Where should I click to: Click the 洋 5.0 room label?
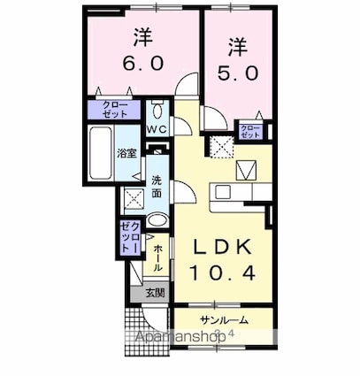pyautogui.click(x=238, y=58)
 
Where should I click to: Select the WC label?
pyautogui.click(x=157, y=130)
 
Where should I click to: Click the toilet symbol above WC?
pyautogui.click(x=157, y=112)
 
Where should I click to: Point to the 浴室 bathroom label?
pyautogui.click(x=126, y=153)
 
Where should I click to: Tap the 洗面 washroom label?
pyautogui.click(x=156, y=186)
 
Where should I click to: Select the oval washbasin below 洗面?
pyautogui.click(x=157, y=220)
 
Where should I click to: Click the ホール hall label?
pyautogui.click(x=157, y=257)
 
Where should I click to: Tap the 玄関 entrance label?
pyautogui.click(x=154, y=293)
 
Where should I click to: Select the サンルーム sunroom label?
pyautogui.click(x=223, y=319)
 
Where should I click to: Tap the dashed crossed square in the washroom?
pyautogui.click(x=134, y=199)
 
